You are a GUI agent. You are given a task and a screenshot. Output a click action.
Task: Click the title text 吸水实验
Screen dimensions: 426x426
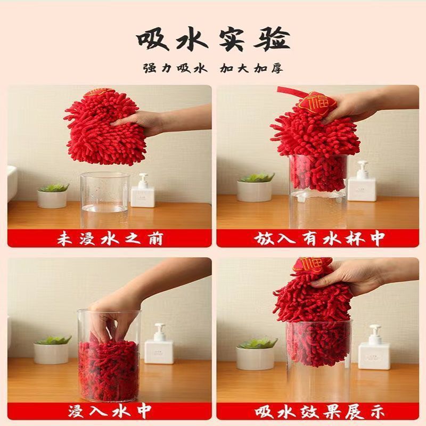pyautogui.click(x=213, y=40)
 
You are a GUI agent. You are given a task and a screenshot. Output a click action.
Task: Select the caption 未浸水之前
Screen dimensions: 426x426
pyautogui.click(x=109, y=239)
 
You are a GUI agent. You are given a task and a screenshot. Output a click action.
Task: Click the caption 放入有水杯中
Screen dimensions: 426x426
pyautogui.click(x=318, y=239)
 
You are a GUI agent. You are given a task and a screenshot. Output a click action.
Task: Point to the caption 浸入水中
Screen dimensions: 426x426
pyautogui.click(x=109, y=411)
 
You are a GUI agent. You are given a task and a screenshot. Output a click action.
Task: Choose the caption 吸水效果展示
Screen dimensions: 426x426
pyautogui.click(x=318, y=411)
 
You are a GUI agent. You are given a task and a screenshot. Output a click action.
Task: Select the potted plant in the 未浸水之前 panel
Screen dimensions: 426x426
pyautogui.click(x=52, y=195)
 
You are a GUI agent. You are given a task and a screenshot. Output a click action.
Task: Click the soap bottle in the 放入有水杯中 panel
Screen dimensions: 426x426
pyautogui.click(x=362, y=184)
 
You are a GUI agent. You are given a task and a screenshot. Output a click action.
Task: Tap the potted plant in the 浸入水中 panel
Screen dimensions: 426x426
pyautogui.click(x=52, y=349)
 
